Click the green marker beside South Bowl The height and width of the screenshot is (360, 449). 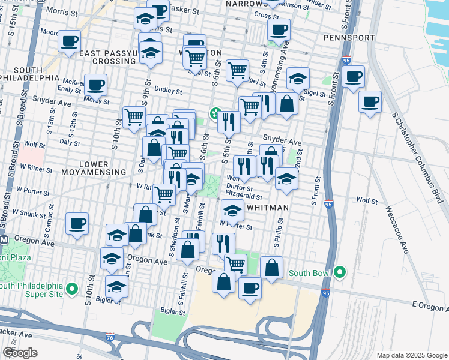tap(340, 273)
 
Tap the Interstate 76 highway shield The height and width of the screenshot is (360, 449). tap(110, 338)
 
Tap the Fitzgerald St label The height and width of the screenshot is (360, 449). tap(244, 196)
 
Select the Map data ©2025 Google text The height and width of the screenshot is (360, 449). tap(411, 355)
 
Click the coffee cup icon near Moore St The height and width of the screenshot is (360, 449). tap(70, 41)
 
